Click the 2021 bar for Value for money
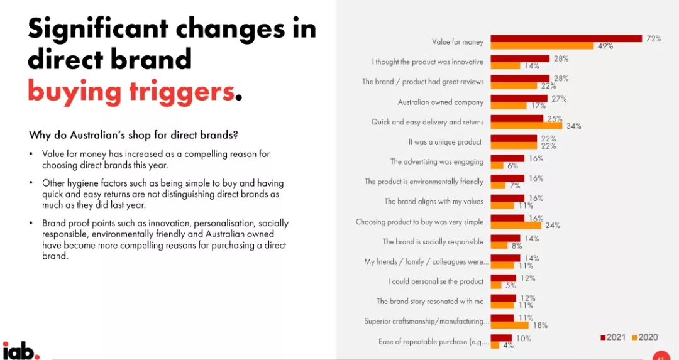[566, 38]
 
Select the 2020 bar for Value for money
[542, 46]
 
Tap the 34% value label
[573, 126]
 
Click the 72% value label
[653, 38]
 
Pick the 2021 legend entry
[612, 337]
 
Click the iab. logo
[21, 351]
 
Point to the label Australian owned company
[441, 102]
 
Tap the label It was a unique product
[445, 142]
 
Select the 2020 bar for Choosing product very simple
[516, 226]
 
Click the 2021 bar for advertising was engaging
[507, 158]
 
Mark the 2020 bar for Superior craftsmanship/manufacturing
[509, 325]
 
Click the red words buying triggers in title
[131, 91]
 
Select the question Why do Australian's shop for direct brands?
[133, 135]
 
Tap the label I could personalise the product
[436, 281]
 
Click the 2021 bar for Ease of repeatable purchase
[501, 338]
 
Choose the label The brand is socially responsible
[433, 242]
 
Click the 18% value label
[539, 325]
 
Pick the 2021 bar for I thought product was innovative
[520, 58]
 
